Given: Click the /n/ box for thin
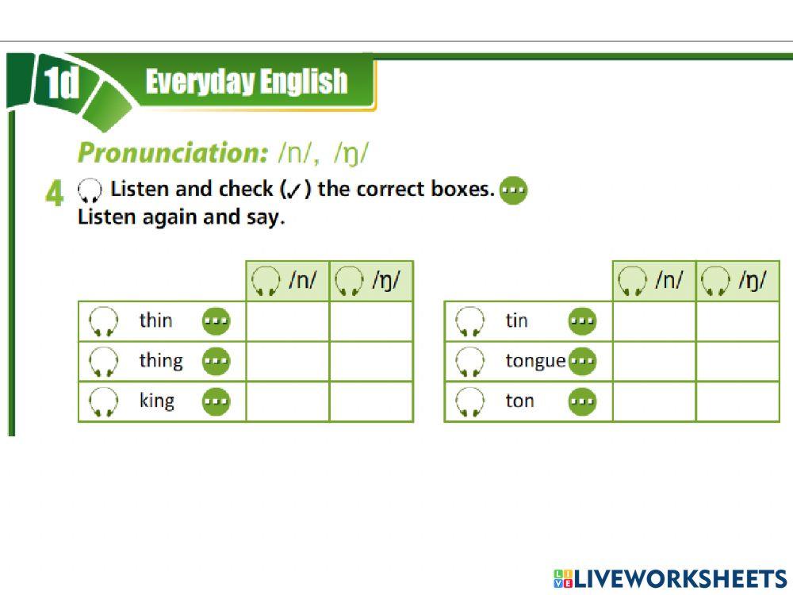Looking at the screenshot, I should tap(288, 321).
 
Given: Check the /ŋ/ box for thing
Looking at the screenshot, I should tap(371, 361).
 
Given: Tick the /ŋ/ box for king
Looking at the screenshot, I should tap(371, 401).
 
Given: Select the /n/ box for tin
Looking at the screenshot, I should tap(654, 321).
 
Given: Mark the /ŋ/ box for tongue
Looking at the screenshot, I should tap(737, 361).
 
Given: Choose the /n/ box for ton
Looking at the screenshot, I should tap(654, 401).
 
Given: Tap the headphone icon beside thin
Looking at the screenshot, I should tap(104, 321).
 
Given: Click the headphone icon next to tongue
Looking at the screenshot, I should tap(470, 362).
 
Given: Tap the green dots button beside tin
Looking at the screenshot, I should tap(583, 321).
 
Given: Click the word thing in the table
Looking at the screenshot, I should tap(161, 361).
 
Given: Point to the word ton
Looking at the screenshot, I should tap(519, 401).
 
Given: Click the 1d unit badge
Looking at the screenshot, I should tap(62, 84).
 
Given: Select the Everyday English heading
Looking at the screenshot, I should tap(247, 82).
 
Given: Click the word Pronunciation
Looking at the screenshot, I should tap(163, 152).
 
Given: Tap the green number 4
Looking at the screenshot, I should tap(54, 194).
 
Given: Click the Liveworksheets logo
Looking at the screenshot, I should tap(670, 578).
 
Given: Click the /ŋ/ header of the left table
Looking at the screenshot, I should tap(371, 281).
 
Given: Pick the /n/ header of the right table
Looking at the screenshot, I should tap(654, 281).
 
